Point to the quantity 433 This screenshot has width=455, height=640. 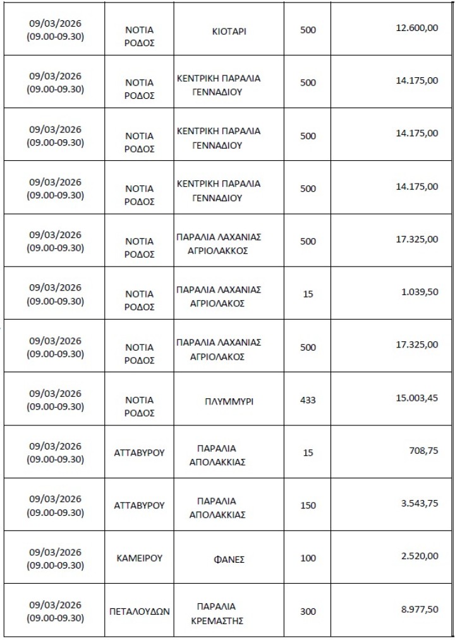point(308,400)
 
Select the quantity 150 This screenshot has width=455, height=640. point(308,506)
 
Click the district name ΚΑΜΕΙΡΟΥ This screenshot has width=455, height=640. point(140,558)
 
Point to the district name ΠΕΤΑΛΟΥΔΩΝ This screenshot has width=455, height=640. point(140,612)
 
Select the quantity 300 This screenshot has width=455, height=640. point(308,612)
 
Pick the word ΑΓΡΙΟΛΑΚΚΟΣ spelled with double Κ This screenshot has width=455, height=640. point(219,250)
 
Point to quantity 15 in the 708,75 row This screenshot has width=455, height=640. point(308,453)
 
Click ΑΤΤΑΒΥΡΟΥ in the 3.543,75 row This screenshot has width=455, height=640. point(140,506)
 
